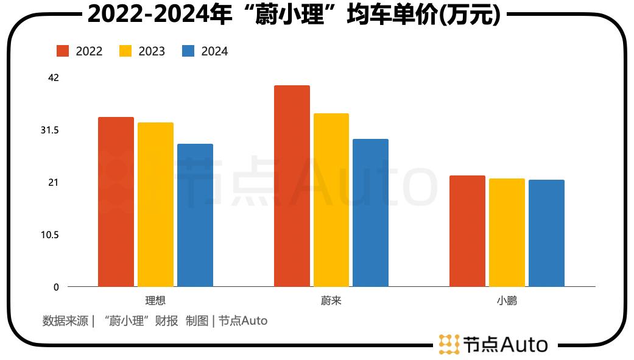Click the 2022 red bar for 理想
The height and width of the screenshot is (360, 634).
pos(116,202)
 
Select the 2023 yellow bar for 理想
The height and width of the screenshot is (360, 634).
pos(155,205)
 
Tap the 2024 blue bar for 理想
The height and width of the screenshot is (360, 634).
pos(195,215)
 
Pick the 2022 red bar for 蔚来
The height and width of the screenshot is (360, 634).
pos(292,186)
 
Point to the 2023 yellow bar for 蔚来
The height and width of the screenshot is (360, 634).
pos(331,200)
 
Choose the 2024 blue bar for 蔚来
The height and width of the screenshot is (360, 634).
pos(370,213)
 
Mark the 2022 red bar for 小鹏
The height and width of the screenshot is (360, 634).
pos(467,231)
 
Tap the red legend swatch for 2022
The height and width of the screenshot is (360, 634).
pos(63,51)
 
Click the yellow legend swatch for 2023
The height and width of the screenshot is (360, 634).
pos(125,51)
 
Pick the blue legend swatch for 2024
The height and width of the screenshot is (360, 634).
pos(188,51)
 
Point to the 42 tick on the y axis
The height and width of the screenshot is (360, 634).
pos(53,77)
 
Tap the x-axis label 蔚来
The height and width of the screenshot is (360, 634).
pos(331,301)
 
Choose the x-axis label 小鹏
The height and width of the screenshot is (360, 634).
pos(507,301)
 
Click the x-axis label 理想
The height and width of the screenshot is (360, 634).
pos(155,301)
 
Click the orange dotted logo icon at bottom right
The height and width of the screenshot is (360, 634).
pos(449,344)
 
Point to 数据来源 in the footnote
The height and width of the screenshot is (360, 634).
pos(65,320)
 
